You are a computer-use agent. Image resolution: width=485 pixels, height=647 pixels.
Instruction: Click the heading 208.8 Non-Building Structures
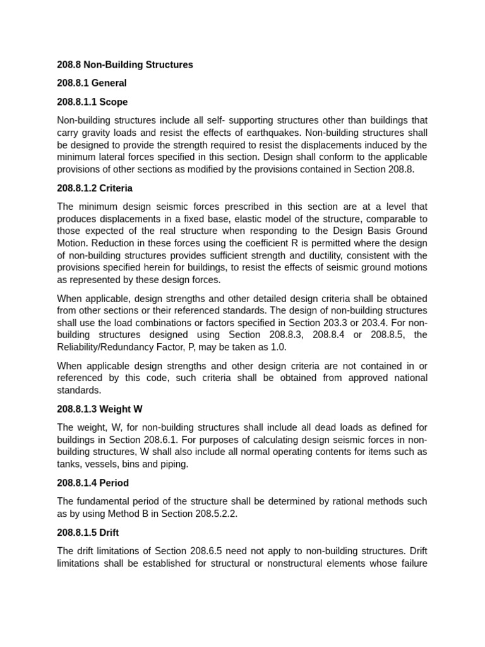coord(125,64)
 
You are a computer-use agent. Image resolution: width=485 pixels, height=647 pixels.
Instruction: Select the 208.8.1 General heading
coord(92,83)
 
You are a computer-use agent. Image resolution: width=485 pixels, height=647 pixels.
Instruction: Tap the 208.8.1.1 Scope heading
coord(92,102)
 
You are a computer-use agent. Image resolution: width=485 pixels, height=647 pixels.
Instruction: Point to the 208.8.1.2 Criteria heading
coord(95,188)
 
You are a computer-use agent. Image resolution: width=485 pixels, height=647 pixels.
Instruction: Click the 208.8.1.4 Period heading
coord(93,483)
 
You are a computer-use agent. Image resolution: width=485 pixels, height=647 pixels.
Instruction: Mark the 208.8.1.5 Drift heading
coord(88,532)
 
